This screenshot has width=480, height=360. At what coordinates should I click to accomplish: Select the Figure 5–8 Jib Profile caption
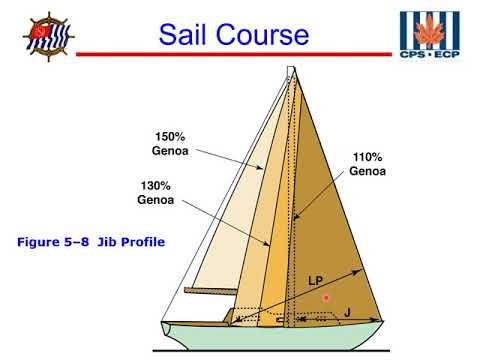[x=91, y=241]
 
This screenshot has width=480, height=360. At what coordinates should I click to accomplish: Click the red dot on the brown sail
[x=326, y=298]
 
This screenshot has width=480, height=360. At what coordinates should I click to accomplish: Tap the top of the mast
[x=290, y=72]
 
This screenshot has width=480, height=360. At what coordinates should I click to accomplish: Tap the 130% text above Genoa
[x=155, y=184]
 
